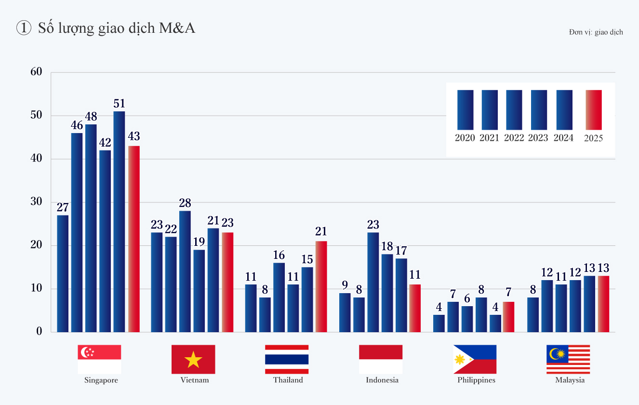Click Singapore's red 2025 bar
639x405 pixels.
pyautogui.click(x=134, y=239)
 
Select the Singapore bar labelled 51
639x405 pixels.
pyautogui.click(x=119, y=222)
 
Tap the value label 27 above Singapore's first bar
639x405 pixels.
pyautogui.click(x=63, y=208)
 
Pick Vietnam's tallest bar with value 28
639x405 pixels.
pyautogui.click(x=185, y=271)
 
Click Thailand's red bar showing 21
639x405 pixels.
pyautogui.click(x=321, y=286)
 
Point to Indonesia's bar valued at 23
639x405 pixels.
pyautogui.click(x=373, y=282)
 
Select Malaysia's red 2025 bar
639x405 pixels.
pyautogui.click(x=603, y=304)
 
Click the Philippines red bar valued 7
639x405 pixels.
pyautogui.click(x=508, y=317)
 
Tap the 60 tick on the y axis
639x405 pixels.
pyautogui.click(x=37, y=72)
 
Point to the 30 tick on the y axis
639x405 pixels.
pyautogui.click(x=37, y=202)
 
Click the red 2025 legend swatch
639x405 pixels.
pyautogui.click(x=593, y=109)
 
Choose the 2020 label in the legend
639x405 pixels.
pyautogui.click(x=465, y=138)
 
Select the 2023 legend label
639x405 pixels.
pyautogui.click(x=538, y=138)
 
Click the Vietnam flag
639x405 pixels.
pyautogui.click(x=193, y=359)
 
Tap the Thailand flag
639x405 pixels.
pyautogui.click(x=287, y=359)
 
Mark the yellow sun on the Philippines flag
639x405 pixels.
pyautogui.click(x=460, y=359)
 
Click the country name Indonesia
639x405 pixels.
pyautogui.click(x=382, y=380)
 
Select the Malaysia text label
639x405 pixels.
pyautogui.click(x=570, y=380)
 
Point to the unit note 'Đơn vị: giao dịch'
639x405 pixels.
pyautogui.click(x=596, y=32)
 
